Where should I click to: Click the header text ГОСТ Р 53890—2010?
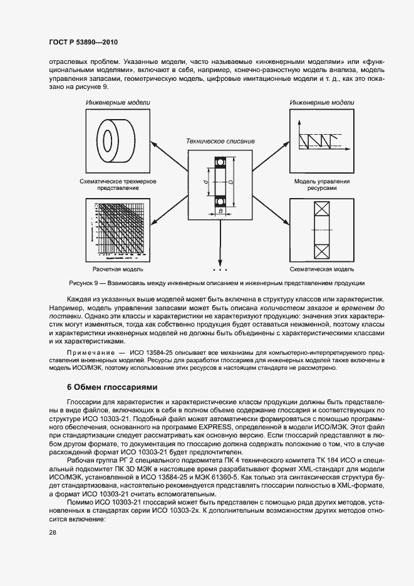coord(83,42)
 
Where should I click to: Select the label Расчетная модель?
coord(118,269)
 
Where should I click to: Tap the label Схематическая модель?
coord(322,269)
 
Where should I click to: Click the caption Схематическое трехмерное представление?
coord(118,185)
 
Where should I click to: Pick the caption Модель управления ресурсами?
coord(322,185)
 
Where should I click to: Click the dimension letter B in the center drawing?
coord(220,212)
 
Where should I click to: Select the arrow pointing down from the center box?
coord(219,244)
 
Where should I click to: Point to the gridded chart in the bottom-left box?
coord(118,229)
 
